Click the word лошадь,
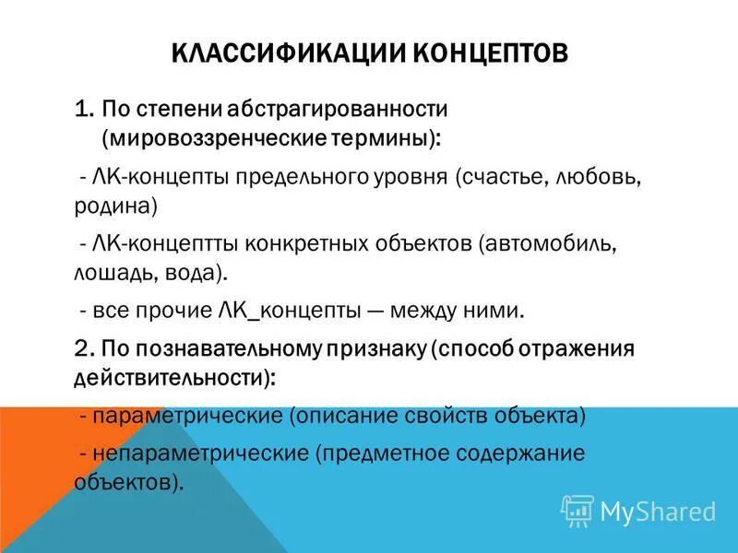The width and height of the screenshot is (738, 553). point(109,273)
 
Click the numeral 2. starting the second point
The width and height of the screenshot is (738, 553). point(85,348)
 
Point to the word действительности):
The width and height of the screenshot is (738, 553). point(173,377)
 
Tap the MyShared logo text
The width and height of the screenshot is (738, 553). point(658,511)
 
